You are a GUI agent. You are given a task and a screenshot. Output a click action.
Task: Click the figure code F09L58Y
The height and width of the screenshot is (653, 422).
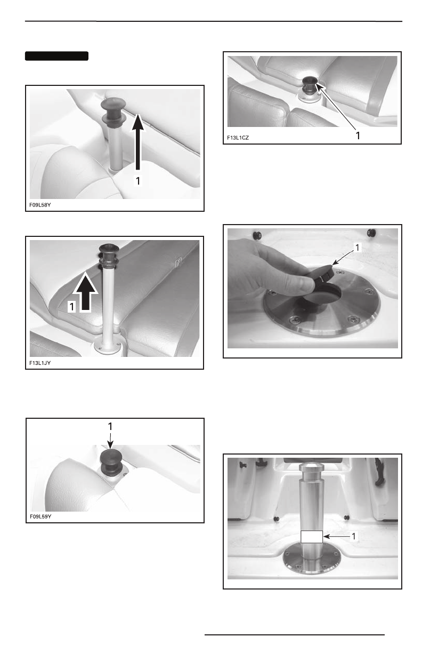(x=40, y=205)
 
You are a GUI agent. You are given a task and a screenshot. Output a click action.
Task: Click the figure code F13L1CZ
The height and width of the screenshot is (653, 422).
(x=238, y=138)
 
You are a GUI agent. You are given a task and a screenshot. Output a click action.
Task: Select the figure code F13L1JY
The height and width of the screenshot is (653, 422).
(x=40, y=363)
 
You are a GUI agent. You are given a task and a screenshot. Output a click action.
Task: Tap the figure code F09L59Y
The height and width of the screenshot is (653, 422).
(x=40, y=516)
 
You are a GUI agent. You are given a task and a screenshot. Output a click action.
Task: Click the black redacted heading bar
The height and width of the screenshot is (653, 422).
(x=57, y=56)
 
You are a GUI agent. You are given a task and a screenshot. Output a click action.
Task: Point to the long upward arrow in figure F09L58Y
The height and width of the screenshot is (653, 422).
(x=138, y=142)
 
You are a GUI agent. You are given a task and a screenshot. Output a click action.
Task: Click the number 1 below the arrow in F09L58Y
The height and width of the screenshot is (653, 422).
(x=138, y=181)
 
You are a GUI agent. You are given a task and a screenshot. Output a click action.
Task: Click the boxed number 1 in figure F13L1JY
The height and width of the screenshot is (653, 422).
(x=72, y=307)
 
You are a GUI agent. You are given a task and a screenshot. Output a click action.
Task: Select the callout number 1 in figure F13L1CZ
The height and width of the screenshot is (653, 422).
(x=358, y=136)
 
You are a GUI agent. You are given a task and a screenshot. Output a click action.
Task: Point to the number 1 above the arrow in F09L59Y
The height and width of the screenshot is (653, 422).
(x=110, y=426)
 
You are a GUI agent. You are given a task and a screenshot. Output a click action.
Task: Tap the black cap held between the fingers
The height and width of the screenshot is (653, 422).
(x=324, y=275)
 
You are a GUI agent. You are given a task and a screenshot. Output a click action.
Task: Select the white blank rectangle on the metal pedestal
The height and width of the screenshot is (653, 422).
(x=312, y=537)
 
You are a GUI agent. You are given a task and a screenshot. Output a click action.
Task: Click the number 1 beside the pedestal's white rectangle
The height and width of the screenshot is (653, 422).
(x=354, y=536)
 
